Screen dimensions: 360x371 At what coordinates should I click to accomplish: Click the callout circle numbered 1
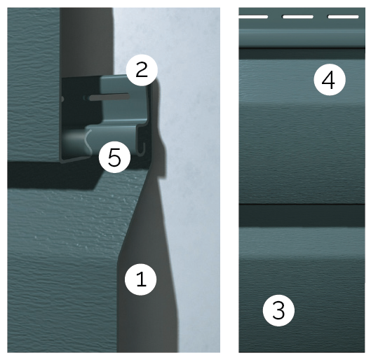pyautogui.click(x=140, y=279)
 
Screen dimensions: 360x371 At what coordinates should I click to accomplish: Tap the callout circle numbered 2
pyautogui.click(x=142, y=69)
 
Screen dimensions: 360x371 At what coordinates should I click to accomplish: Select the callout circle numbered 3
pyautogui.click(x=278, y=310)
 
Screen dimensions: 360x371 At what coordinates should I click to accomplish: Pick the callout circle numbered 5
pyautogui.click(x=114, y=158)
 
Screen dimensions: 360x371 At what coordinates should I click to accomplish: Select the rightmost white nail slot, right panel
pyautogui.click(x=342, y=16)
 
